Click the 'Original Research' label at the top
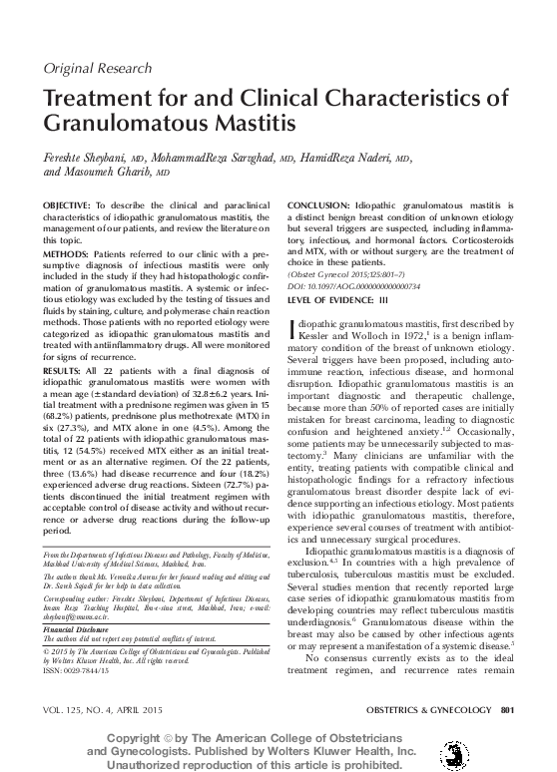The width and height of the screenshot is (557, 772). [91, 68]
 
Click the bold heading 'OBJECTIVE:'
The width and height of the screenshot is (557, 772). [67, 203]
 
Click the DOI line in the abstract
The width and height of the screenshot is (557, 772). [353, 285]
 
